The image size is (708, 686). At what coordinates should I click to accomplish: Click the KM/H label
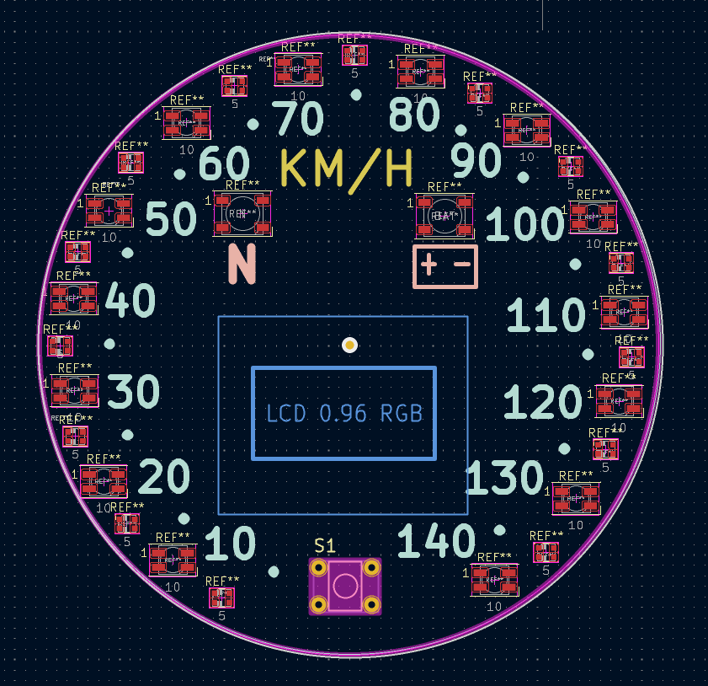[x=345, y=168]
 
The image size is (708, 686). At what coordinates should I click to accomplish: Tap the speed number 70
[x=298, y=119]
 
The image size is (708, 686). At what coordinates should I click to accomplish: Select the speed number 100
[x=524, y=226]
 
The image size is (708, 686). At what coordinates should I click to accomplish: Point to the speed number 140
[x=435, y=541]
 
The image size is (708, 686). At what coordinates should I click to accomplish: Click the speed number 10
[x=230, y=545]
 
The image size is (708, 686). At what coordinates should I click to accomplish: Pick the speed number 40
[x=130, y=301]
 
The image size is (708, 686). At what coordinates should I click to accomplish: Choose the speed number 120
[x=543, y=404]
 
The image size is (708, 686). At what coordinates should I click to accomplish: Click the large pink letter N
[x=242, y=264]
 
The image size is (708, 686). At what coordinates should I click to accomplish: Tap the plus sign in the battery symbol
[x=429, y=265]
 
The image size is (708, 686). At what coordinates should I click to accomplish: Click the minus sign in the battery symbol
[x=462, y=265]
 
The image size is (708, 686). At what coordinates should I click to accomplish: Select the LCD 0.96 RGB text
[x=343, y=414]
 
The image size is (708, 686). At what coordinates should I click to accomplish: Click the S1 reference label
[x=325, y=546]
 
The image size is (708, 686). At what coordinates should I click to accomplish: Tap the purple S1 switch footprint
[x=344, y=585]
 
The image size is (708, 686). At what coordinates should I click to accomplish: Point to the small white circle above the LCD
[x=349, y=345]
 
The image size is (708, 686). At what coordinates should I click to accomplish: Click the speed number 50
[x=171, y=220]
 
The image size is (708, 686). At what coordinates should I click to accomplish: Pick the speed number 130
[x=504, y=479]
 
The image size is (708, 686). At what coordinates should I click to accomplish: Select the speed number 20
[x=164, y=478]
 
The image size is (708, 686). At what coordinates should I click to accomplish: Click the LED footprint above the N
[x=242, y=214]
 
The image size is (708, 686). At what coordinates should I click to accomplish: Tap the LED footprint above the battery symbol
[x=444, y=216]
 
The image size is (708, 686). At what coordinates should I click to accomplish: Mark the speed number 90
[x=476, y=161]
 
